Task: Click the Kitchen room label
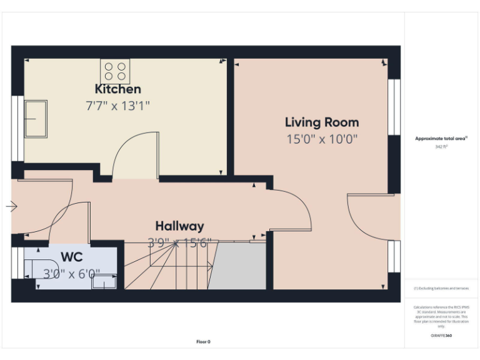point(117,89)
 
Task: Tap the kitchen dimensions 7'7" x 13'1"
point(117,106)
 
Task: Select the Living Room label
point(322,122)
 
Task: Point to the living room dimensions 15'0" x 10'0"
point(322,139)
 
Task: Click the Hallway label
point(179,226)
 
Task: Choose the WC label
point(71,257)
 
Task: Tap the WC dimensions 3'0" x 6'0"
point(71,273)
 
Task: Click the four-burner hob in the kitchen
point(115,69)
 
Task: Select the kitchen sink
point(36,119)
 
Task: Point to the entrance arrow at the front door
point(12,206)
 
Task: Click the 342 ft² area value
point(442,146)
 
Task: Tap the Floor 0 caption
point(203,342)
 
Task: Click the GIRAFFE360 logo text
point(441,336)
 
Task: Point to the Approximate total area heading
point(441,139)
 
